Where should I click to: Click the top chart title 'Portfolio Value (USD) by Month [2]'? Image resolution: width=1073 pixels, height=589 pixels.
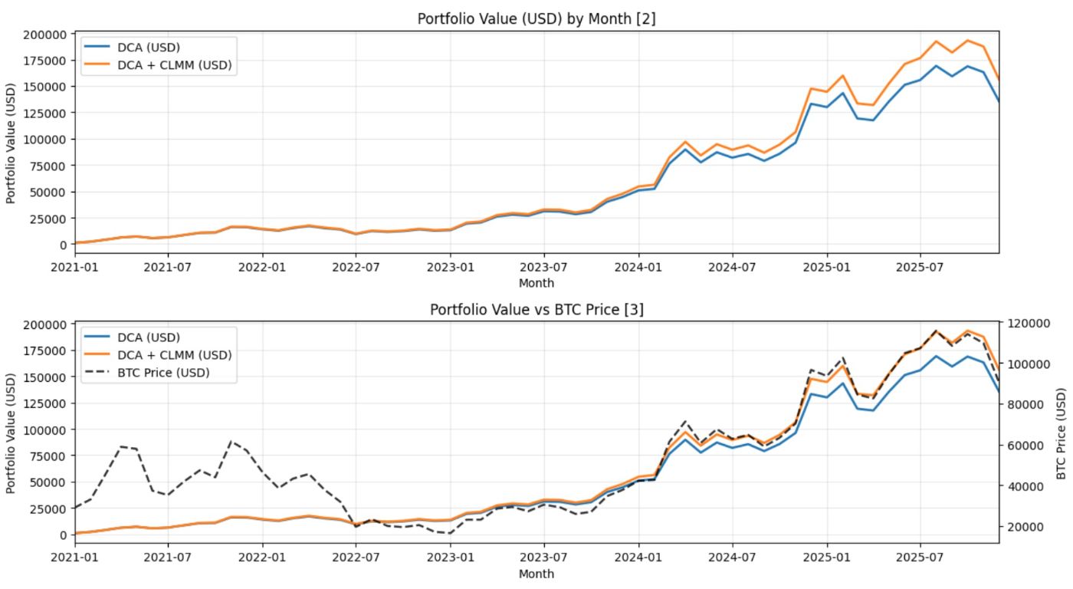pyautogui.click(x=536, y=18)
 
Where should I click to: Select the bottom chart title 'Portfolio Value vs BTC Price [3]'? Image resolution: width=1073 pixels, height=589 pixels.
pyautogui.click(x=536, y=309)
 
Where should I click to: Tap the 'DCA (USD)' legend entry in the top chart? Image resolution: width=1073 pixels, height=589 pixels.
pyautogui.click(x=149, y=48)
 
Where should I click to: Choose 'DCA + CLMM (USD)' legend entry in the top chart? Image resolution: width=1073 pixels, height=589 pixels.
pyautogui.click(x=174, y=65)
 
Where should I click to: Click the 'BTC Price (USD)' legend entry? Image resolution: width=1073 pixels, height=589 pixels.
pyautogui.click(x=163, y=373)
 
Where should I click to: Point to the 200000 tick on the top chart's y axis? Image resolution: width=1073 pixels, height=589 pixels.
pyautogui.click(x=46, y=34)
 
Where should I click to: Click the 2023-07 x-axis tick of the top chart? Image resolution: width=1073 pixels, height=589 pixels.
pyautogui.click(x=544, y=268)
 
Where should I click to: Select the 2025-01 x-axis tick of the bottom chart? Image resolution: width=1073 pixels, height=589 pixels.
pyautogui.click(x=827, y=558)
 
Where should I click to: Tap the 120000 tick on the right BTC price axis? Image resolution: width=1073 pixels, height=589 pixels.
pyautogui.click(x=1027, y=324)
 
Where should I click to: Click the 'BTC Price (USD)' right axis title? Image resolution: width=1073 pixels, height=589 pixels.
pyautogui.click(x=1062, y=433)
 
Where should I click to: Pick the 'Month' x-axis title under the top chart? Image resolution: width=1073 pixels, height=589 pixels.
pyautogui.click(x=536, y=283)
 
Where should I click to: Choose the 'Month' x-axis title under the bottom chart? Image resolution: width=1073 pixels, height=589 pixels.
pyautogui.click(x=536, y=573)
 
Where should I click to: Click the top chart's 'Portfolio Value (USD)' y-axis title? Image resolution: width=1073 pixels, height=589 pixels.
pyautogui.click(x=11, y=143)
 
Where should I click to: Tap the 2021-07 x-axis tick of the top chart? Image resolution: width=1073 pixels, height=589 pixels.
pyautogui.click(x=169, y=268)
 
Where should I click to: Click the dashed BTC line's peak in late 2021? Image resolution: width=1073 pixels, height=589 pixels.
pyautogui.click(x=231, y=442)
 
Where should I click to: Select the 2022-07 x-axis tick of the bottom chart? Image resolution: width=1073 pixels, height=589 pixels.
pyautogui.click(x=356, y=558)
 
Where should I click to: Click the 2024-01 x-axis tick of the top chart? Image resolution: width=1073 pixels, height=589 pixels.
pyautogui.click(x=638, y=268)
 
